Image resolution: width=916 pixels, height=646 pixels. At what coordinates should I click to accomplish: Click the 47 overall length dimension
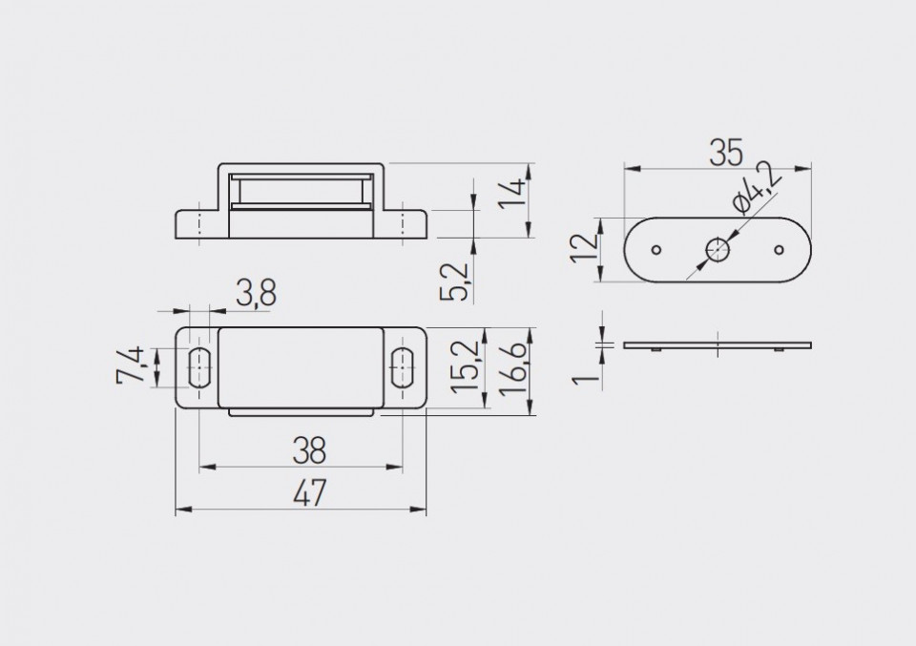(309, 493)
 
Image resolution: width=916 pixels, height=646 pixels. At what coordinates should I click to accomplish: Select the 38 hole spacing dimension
(309, 450)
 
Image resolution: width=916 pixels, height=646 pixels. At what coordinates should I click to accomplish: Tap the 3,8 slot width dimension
(256, 293)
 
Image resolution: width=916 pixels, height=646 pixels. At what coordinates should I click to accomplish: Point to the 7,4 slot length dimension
(130, 365)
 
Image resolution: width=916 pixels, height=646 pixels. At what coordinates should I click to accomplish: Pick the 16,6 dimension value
(513, 370)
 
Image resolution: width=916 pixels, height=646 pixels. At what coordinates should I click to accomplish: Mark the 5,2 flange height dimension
(454, 281)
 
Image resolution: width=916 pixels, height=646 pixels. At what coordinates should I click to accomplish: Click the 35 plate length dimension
(726, 153)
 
